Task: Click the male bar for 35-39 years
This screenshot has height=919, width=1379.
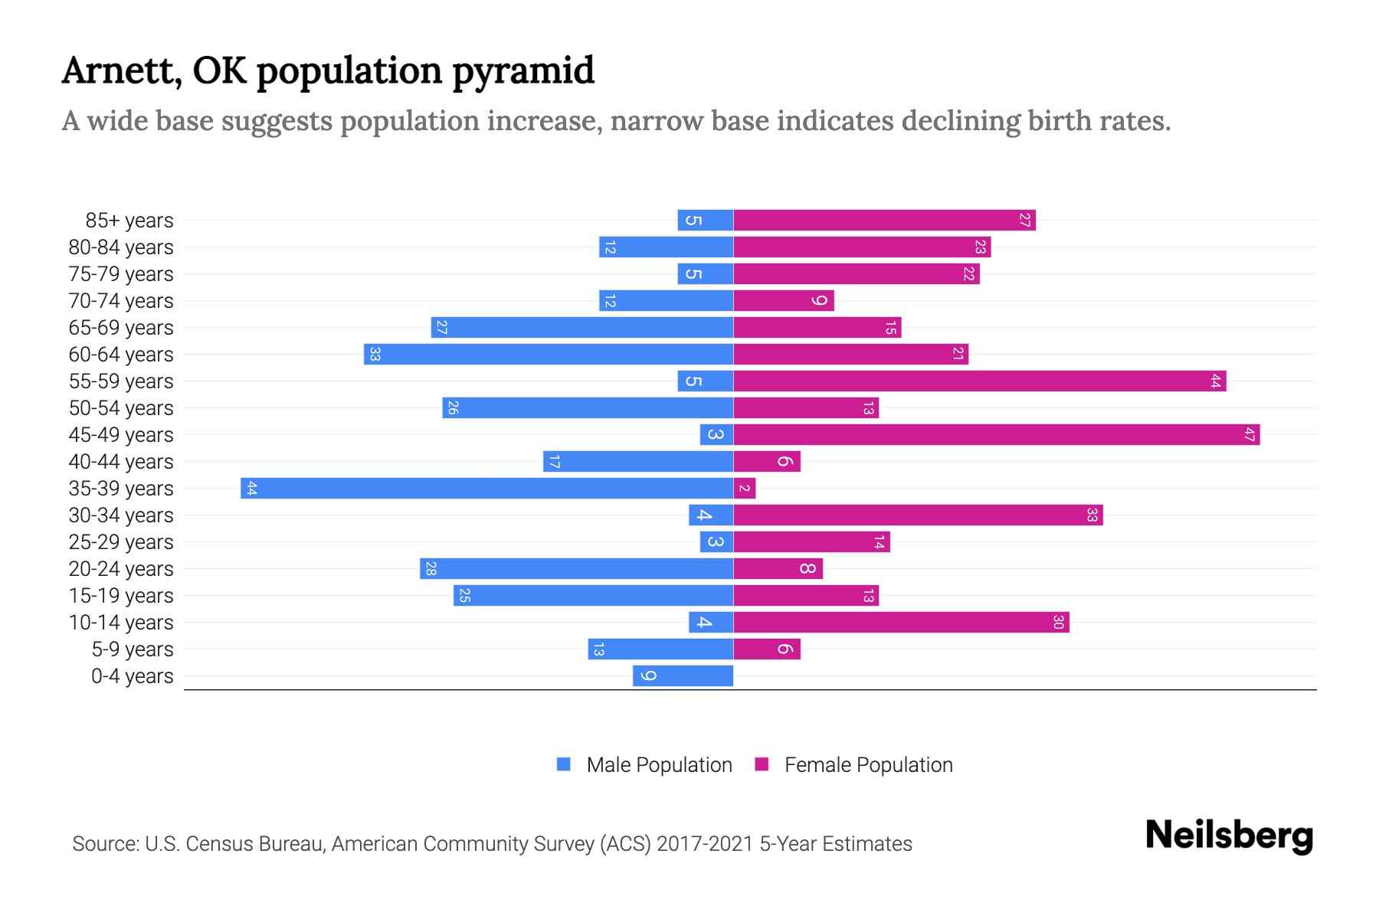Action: point(487,489)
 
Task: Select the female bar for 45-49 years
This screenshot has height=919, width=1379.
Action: point(996,435)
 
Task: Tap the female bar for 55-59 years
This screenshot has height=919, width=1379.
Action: point(979,381)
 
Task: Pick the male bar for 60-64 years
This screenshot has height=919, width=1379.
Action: point(549,355)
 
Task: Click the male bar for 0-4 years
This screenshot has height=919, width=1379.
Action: point(683,676)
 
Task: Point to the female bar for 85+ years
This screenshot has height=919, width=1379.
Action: point(884,221)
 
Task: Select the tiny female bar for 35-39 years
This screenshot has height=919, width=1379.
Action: point(745,489)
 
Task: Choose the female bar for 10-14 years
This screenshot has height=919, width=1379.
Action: point(901,623)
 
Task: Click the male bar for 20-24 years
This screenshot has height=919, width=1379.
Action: point(576,569)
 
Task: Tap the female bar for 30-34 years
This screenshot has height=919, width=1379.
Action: point(918,515)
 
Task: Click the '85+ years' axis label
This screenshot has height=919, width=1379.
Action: point(129,221)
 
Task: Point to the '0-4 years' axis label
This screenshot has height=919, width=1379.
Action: point(132,676)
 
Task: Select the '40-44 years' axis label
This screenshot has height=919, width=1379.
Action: point(121,462)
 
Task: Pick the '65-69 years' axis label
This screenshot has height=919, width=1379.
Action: point(121,328)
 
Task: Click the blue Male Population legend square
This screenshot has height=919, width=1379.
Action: point(564,764)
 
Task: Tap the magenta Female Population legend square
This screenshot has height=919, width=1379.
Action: point(762,764)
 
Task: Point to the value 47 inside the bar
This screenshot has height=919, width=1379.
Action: point(1250,435)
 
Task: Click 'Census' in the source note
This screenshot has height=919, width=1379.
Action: point(218,844)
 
